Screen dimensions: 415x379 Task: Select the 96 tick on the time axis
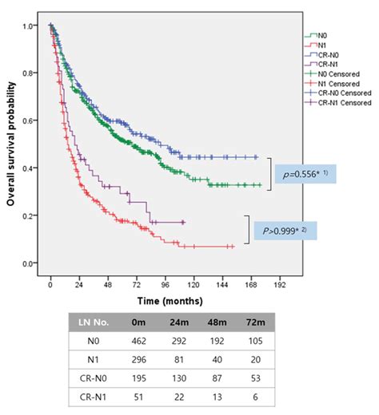pyautogui.click(x=166, y=284)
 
